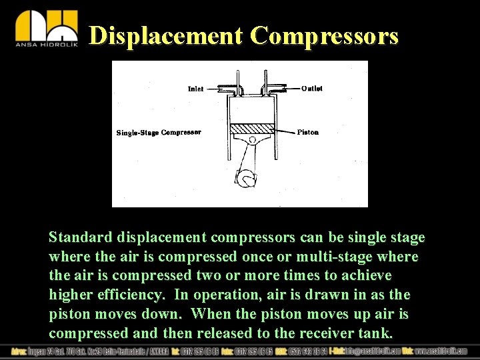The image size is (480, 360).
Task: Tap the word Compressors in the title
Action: [324, 35]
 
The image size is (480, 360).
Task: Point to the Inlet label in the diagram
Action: [195, 89]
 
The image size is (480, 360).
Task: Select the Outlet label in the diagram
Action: [312, 89]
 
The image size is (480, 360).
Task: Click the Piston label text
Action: [308, 132]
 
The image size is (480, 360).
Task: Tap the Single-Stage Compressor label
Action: [159, 133]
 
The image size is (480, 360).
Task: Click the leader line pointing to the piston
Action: [285, 132]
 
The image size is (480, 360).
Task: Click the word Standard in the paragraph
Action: [80, 237]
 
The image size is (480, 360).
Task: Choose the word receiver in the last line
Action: [326, 333]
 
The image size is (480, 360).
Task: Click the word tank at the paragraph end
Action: [377, 333]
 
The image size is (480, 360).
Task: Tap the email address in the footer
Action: [373, 351]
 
